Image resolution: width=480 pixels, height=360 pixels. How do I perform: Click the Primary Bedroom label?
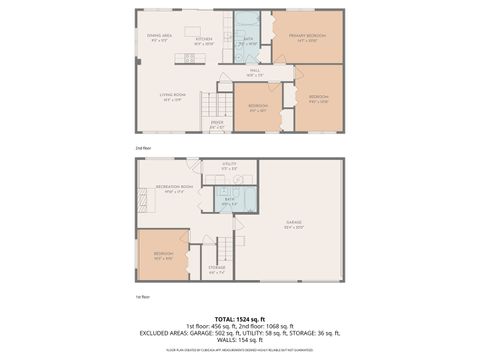[308, 36]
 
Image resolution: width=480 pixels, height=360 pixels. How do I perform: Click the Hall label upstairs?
[255, 72]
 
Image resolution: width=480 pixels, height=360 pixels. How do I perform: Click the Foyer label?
[216, 125]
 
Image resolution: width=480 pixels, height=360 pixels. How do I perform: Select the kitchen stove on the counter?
[188, 59]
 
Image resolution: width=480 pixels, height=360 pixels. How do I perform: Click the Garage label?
[294, 224]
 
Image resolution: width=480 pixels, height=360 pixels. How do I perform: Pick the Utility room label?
[229, 165]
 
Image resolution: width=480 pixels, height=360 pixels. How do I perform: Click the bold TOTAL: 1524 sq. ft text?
[240, 318]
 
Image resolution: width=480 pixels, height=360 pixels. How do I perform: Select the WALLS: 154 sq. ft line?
[240, 340]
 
